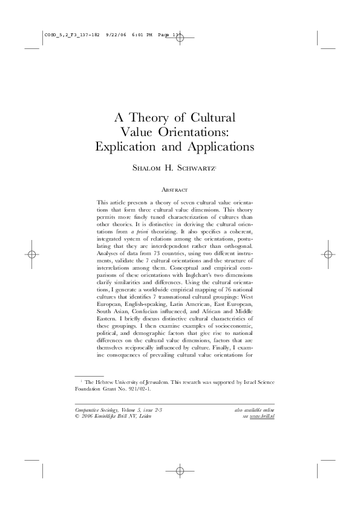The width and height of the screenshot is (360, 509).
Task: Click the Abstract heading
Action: point(180,189)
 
